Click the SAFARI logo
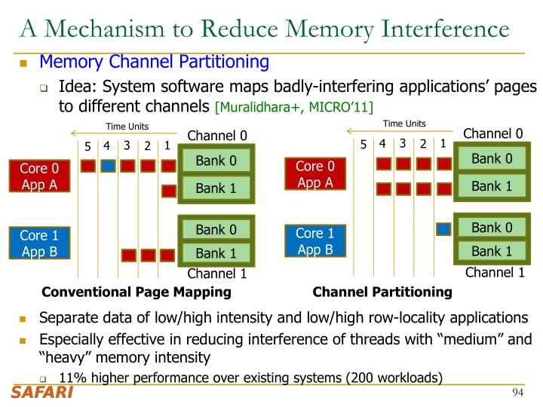coord(42,393)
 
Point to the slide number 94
coord(517,393)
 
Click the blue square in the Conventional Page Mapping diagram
coord(108,166)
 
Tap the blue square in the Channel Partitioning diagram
coord(443,229)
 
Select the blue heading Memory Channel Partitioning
coord(155,62)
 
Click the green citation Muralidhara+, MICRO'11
coord(294,107)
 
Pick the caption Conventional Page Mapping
coord(137,292)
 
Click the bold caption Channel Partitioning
coord(382,292)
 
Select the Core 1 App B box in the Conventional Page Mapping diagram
coord(39,243)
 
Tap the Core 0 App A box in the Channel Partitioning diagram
coord(315,174)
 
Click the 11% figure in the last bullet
coord(72,378)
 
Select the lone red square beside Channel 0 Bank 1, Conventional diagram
coord(169,191)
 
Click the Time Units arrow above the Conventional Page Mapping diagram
coord(124,133)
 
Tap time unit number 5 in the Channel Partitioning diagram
coord(364,144)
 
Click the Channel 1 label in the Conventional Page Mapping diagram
coord(217,274)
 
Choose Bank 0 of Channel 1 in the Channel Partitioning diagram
coord(492,228)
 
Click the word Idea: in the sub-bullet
coord(77,87)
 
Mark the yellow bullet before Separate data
coord(23,319)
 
